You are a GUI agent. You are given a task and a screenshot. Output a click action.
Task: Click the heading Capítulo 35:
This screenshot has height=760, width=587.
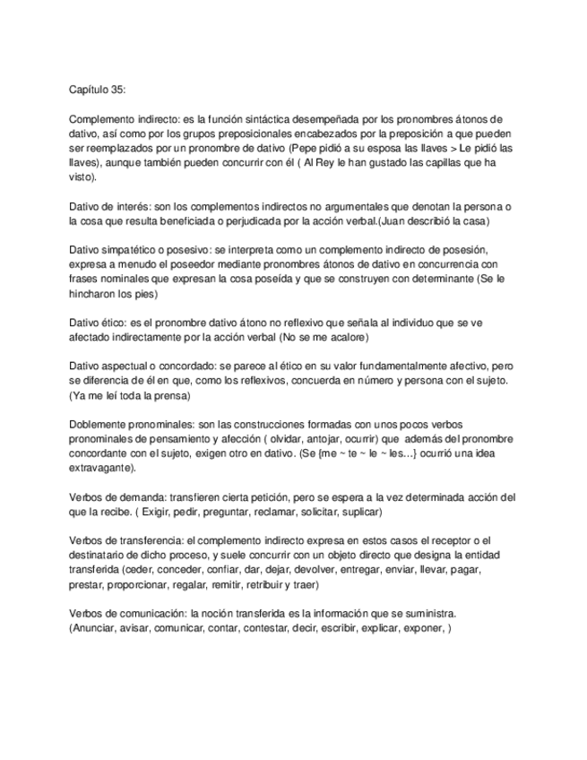coord(99,90)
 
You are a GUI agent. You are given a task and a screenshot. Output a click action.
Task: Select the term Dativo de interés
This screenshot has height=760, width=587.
coord(108,207)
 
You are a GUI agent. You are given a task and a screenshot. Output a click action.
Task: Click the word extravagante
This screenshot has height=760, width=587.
coord(101,467)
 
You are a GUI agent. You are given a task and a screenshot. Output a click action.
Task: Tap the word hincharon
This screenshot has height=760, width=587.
coord(94,293)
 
